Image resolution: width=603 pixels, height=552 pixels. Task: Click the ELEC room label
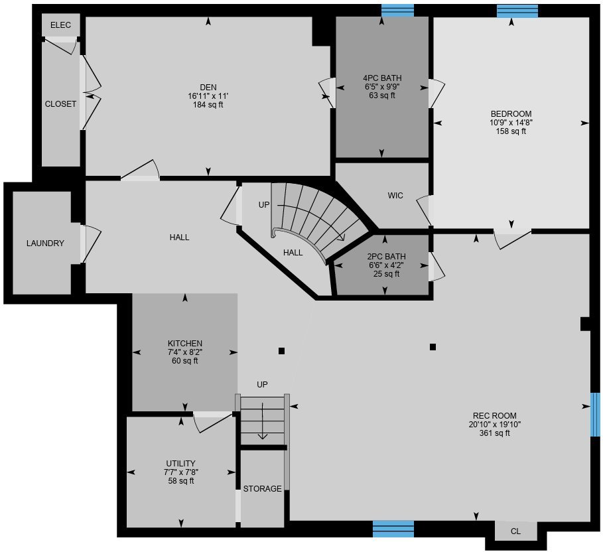[61, 25]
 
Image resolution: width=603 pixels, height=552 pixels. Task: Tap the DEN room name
[208, 88]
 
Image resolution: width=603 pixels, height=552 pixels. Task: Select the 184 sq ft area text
[208, 105]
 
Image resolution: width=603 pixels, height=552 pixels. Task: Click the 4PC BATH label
[382, 78]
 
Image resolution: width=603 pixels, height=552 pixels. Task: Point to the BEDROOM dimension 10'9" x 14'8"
[511, 123]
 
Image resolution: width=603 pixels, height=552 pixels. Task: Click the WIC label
[395, 196]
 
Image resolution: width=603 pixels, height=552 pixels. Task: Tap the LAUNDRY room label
[45, 243]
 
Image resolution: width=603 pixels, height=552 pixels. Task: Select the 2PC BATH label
[386, 257]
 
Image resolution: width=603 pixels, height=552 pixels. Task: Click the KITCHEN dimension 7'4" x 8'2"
[185, 352]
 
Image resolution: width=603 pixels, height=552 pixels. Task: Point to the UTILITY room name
[180, 464]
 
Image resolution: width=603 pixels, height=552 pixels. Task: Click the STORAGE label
[262, 488]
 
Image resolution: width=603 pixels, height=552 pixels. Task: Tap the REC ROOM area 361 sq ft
[495, 433]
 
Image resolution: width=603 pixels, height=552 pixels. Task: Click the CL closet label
[515, 531]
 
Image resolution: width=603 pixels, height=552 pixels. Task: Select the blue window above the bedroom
[517, 11]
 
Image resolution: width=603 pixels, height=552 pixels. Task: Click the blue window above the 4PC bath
[397, 11]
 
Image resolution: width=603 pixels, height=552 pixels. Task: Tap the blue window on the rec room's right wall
[595, 415]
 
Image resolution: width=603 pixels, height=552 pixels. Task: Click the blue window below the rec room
[393, 529]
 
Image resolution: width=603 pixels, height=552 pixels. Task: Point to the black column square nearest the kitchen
[281, 351]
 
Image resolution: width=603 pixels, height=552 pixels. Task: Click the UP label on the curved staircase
[264, 204]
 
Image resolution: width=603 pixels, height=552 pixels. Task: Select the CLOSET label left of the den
[60, 104]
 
